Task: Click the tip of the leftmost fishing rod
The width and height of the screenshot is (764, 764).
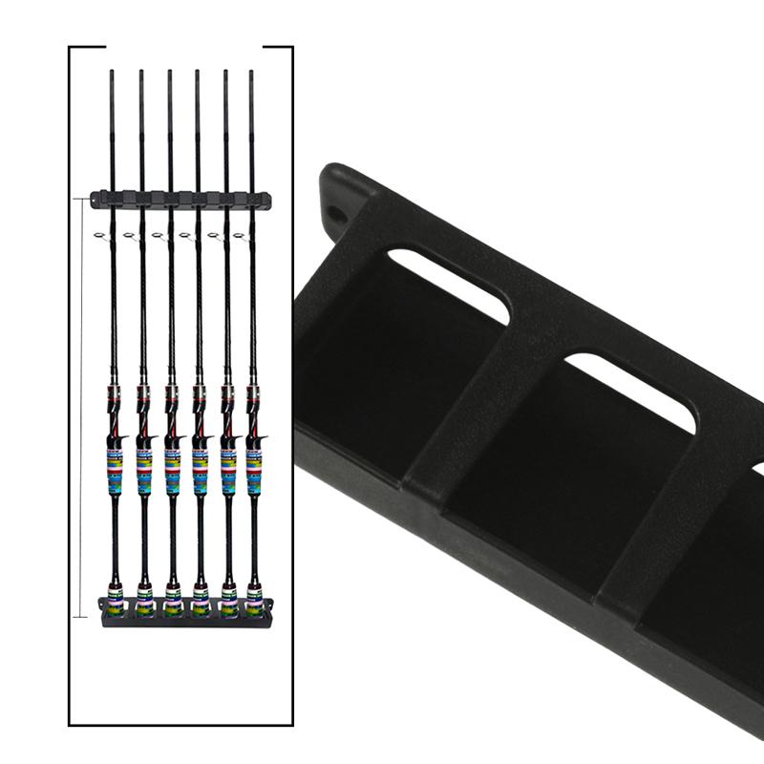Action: (x=112, y=73)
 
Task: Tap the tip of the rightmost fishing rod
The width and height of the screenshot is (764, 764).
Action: (x=252, y=73)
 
